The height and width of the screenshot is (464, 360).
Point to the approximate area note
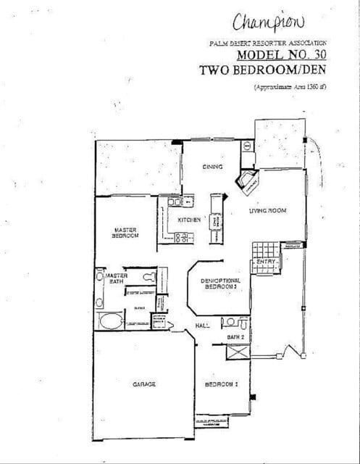tap(290, 87)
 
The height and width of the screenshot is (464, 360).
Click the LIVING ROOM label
tap(268, 211)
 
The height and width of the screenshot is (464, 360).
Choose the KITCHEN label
tap(189, 220)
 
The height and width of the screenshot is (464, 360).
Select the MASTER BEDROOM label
tap(125, 232)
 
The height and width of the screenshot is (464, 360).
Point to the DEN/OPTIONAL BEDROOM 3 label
tap(219, 283)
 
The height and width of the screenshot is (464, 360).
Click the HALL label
tap(203, 326)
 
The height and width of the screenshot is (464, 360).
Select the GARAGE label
tap(144, 384)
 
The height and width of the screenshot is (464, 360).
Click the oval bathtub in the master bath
tap(111, 321)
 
